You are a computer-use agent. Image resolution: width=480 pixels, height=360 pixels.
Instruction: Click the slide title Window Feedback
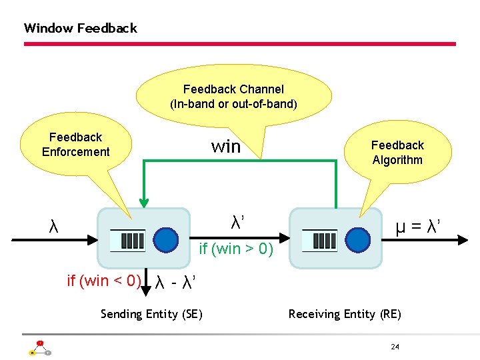tap(80, 28)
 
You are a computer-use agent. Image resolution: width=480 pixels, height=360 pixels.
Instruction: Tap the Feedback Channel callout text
tap(233, 97)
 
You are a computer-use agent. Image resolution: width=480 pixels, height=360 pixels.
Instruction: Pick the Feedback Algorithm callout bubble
tap(397, 153)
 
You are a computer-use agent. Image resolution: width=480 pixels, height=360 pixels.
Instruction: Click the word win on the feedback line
tap(225, 147)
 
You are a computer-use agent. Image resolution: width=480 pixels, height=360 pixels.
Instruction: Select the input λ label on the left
tap(53, 227)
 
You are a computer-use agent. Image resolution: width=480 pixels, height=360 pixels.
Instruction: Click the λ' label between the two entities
tap(237, 222)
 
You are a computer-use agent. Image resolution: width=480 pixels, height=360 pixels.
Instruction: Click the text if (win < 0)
tap(103, 281)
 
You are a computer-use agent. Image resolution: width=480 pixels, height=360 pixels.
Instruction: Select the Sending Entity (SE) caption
tap(151, 314)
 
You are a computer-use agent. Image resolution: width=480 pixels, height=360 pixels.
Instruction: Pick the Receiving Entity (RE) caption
tap(345, 314)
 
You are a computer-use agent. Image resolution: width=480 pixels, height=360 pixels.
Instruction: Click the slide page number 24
tap(395, 347)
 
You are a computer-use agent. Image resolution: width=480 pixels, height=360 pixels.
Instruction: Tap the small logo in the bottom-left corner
tap(39, 348)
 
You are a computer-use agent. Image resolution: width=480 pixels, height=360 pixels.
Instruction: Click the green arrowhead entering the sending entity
tap(143, 203)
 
